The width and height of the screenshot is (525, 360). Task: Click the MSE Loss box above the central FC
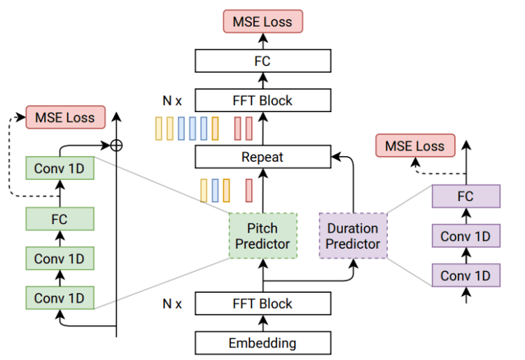262,21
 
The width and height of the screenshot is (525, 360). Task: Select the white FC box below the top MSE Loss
262,61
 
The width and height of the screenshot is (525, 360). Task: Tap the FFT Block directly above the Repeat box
262,100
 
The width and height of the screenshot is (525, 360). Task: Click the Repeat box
262,157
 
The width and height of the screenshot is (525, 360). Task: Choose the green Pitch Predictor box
262,236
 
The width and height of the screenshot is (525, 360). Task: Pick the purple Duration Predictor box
353,236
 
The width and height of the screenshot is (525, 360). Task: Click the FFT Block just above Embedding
262,304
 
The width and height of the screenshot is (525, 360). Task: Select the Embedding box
262,343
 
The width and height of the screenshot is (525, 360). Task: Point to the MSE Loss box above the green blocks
65,117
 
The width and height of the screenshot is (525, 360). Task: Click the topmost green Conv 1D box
59,168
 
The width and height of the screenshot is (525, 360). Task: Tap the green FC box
59,219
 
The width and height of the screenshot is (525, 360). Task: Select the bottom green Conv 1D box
59,298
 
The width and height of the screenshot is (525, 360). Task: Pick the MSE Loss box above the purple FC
415,146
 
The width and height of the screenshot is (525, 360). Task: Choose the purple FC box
465,197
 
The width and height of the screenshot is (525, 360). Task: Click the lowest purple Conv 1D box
465,275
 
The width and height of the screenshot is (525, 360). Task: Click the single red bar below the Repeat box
248,190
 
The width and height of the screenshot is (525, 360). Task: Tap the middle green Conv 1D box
59,258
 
